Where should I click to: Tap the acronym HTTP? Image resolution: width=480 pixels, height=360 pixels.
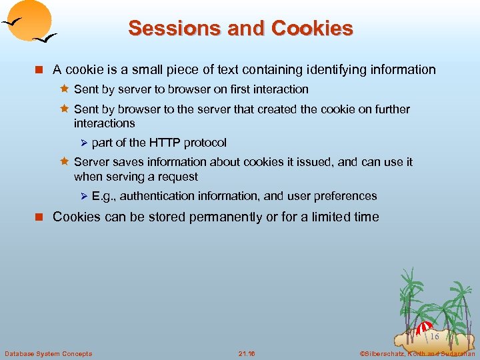pos(165,143)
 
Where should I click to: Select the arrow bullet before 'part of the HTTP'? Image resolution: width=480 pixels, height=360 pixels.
pos(83,143)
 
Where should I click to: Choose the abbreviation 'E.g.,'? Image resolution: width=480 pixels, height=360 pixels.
pos(104,196)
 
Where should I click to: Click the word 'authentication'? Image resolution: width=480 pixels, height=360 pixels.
pos(157,196)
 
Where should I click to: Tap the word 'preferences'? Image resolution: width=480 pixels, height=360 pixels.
pos(343,196)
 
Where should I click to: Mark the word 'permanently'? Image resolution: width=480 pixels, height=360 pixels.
pos(207,217)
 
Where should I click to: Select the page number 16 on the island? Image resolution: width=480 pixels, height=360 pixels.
pos(434,337)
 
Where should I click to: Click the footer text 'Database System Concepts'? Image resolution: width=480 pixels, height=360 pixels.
pos(48,353)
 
